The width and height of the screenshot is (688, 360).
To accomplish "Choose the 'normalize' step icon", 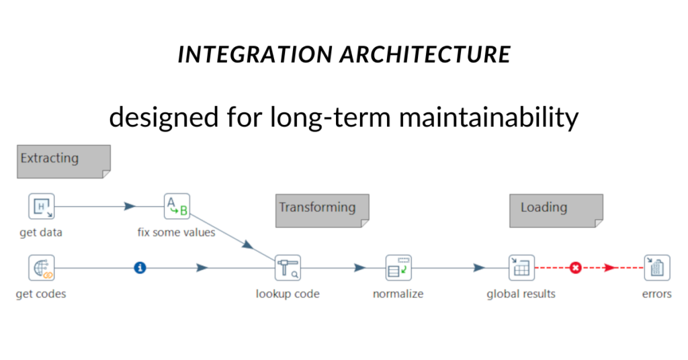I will click(x=398, y=268).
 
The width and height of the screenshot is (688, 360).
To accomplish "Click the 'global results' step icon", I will click(x=521, y=268).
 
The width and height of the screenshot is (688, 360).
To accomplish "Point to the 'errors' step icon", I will click(x=656, y=268).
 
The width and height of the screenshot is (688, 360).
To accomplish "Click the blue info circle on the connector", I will click(x=140, y=268).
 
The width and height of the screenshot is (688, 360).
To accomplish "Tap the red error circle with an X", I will click(x=575, y=268).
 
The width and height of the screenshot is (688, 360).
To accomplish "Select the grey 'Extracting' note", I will click(x=63, y=161).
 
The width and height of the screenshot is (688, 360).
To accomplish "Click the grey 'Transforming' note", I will click(x=322, y=210).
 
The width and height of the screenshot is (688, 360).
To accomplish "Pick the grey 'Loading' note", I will click(x=556, y=210).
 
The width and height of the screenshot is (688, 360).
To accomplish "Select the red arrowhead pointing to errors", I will click(x=609, y=268).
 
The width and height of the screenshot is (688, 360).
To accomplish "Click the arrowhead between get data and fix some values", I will click(x=130, y=206).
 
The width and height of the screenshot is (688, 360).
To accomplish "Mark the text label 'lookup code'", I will click(x=288, y=294).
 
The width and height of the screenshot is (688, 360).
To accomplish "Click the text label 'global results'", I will click(x=521, y=294).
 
